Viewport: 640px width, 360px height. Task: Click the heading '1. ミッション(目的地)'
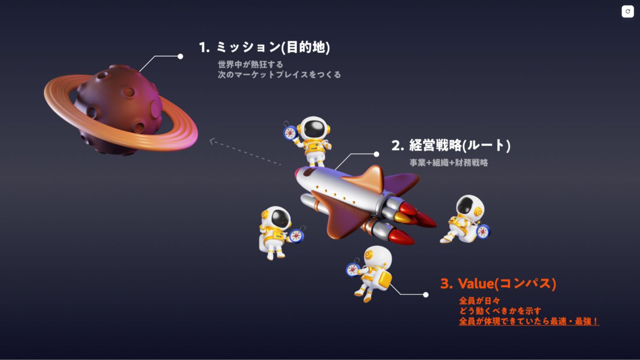264,47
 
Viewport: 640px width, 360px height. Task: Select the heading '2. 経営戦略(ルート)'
451,145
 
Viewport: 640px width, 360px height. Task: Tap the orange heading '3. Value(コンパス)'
498,283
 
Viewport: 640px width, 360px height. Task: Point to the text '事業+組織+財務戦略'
448,163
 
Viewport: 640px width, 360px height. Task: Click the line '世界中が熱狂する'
250,64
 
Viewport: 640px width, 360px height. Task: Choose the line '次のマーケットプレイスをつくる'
279,75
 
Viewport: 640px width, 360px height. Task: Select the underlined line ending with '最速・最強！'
529,321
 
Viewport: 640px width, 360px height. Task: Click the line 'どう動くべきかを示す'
500,311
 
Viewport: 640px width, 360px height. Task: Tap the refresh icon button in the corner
628,12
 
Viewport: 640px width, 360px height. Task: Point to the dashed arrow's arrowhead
212,141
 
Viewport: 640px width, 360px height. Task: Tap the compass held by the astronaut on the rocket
290,132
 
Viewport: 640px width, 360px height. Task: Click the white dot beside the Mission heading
180,56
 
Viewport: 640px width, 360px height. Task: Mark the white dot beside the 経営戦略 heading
376,154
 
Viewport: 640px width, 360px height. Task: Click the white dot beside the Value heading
426,295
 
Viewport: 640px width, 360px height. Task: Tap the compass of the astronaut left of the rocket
296,235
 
